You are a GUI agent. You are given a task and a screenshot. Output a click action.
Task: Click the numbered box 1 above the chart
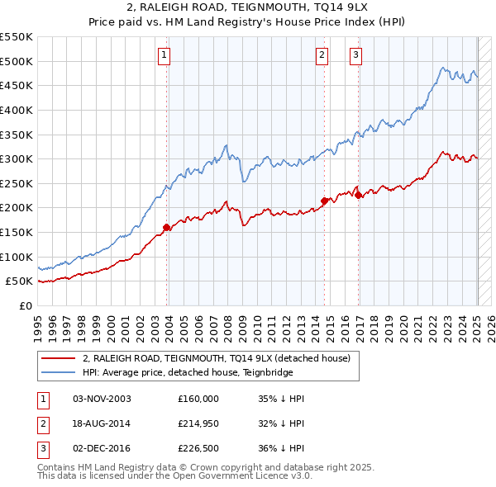click(x=165, y=55)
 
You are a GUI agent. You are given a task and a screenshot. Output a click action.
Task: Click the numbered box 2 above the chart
click(x=322, y=55)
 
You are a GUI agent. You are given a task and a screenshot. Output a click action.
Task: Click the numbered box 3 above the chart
click(x=355, y=55)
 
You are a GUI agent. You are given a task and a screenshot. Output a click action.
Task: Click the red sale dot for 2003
click(x=167, y=227)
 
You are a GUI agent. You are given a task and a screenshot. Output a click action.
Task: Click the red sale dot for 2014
click(x=325, y=200)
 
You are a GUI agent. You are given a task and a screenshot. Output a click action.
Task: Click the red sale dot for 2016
click(x=359, y=195)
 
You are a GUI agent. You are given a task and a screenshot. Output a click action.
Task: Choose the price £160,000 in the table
click(x=198, y=399)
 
